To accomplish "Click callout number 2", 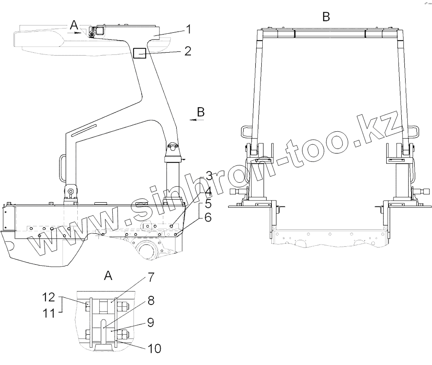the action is click(x=187, y=51).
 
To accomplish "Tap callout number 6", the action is click(x=208, y=218).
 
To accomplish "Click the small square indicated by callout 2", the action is click(x=139, y=53).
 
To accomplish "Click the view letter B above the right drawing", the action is click(x=326, y=17).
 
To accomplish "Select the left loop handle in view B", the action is click(x=247, y=130).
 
